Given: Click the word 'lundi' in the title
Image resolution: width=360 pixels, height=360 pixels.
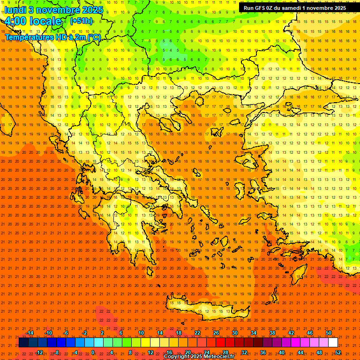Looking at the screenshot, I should [15, 9].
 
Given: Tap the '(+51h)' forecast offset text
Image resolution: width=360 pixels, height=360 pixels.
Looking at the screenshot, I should [81, 21].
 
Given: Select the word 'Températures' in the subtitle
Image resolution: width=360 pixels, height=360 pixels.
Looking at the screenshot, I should [26, 37].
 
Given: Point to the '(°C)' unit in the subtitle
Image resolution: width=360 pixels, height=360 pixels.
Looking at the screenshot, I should [94, 37].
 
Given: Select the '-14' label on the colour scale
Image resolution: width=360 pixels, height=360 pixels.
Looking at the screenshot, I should [30, 333].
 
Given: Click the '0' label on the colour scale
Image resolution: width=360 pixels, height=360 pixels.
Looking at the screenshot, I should [93, 352].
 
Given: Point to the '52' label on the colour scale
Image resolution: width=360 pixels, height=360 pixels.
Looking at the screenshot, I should [338, 352].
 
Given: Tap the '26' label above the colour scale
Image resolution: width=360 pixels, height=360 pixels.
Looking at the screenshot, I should [216, 333].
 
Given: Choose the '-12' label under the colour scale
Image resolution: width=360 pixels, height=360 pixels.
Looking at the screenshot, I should [39, 352].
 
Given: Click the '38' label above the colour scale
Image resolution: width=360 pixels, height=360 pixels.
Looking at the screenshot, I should [272, 333].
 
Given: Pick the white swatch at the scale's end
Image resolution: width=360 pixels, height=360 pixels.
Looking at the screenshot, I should [333, 343].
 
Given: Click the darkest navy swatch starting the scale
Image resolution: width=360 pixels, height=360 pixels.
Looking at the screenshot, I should [23, 343].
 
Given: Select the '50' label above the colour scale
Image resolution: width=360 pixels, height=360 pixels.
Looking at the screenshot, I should [329, 333].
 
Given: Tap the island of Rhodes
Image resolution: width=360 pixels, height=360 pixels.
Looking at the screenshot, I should [300, 274].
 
